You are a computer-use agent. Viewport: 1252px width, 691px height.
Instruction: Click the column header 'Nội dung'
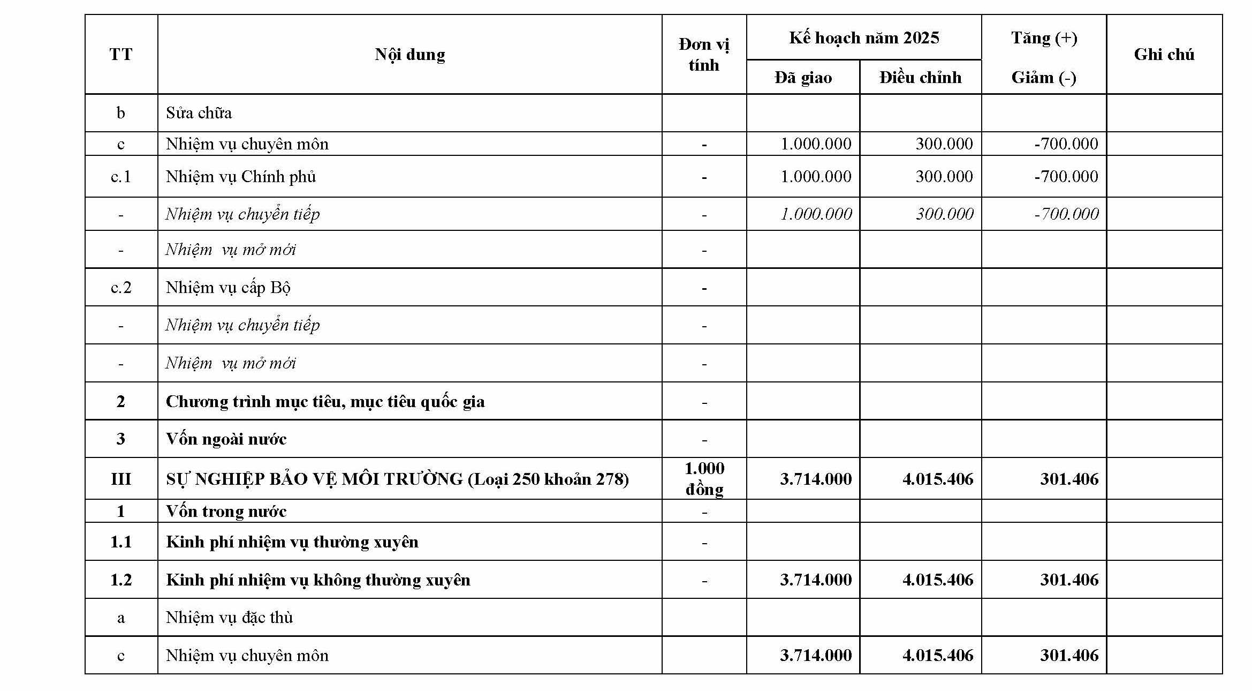coord(409,55)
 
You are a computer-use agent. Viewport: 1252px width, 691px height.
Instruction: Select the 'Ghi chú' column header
coord(1164,55)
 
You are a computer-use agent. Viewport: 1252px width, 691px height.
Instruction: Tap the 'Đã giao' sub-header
coord(802,78)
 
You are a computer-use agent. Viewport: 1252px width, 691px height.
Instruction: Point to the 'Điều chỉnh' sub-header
coord(920,78)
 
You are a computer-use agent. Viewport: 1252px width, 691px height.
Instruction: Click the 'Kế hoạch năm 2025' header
coord(863,38)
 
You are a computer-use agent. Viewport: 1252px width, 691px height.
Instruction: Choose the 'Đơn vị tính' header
coord(703,55)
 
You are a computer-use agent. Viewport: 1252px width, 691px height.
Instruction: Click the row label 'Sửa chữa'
coord(199,113)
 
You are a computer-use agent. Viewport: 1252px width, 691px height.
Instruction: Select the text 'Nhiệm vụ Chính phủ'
coord(240,177)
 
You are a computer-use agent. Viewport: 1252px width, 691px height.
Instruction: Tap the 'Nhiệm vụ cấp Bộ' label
coord(228,288)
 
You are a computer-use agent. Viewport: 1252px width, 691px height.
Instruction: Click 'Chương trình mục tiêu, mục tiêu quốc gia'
coord(325,402)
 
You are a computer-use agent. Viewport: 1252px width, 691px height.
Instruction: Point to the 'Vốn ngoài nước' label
coord(226,439)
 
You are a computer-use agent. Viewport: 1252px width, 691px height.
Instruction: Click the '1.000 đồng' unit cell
coord(704,479)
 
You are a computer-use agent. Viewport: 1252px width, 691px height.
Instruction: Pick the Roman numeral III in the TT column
coord(121,479)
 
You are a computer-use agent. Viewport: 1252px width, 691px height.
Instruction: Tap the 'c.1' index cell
coord(121,177)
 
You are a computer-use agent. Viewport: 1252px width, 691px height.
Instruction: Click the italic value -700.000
coord(1066,214)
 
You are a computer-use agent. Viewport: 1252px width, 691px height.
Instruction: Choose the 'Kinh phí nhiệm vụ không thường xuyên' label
coord(318,580)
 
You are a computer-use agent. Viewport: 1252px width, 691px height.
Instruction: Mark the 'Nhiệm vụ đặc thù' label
coord(229,618)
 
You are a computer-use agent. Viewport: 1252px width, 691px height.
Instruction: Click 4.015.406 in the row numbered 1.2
coord(937,580)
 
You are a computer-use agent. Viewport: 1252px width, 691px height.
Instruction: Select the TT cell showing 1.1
coord(121,542)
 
